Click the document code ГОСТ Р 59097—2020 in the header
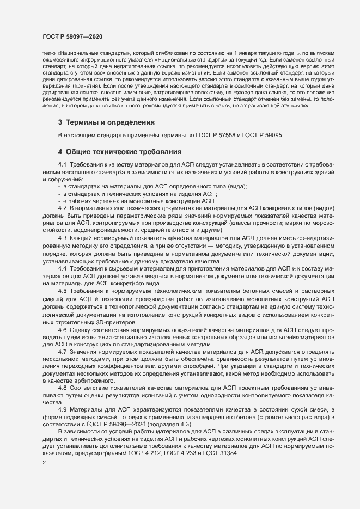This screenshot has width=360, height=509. point(72,36)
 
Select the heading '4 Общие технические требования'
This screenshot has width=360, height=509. point(120,151)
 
